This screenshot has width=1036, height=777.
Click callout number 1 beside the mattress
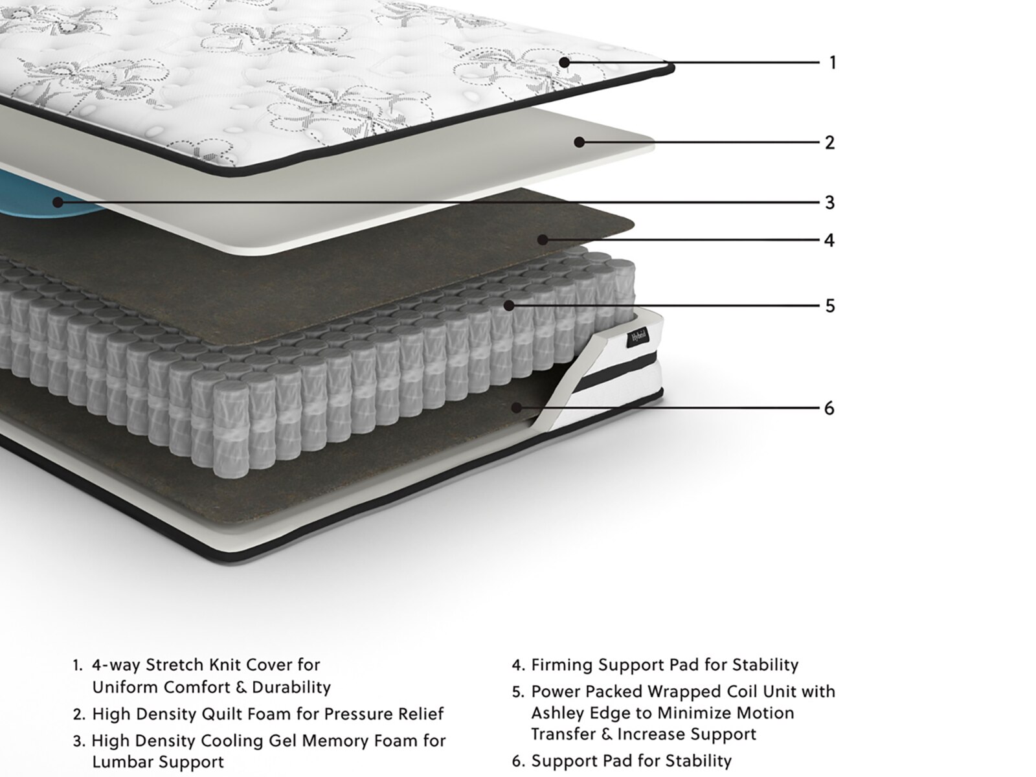click(x=833, y=62)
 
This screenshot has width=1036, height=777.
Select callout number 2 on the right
click(x=829, y=142)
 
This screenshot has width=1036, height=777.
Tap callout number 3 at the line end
click(x=829, y=203)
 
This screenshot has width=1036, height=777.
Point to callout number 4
click(x=829, y=240)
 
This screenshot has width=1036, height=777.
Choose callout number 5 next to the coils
click(x=830, y=306)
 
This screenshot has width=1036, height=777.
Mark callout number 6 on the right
click(x=829, y=408)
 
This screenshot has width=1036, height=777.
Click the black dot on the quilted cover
click(x=565, y=62)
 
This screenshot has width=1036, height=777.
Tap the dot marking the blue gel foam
click(x=58, y=203)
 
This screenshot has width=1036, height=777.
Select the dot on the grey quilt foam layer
click(x=579, y=142)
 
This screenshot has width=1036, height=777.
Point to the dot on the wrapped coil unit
click(x=509, y=306)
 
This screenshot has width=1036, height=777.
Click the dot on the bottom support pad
click(x=517, y=408)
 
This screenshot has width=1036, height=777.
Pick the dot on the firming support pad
click(x=543, y=240)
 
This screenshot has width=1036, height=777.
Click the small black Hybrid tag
click(x=640, y=337)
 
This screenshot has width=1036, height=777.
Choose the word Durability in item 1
click(x=291, y=688)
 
